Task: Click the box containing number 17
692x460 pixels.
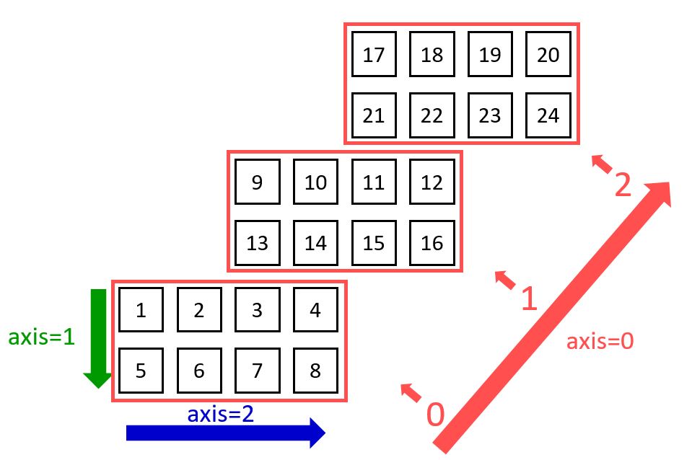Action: pyautogui.click(x=374, y=55)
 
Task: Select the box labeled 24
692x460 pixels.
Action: pyautogui.click(x=548, y=115)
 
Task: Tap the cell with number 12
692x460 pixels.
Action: pyautogui.click(x=432, y=182)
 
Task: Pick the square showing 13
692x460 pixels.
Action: pyautogui.click(x=257, y=243)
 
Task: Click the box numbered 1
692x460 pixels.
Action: pyautogui.click(x=141, y=311)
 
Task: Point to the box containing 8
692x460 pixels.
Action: pyautogui.click(x=315, y=371)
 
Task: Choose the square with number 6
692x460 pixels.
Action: pyautogui.click(x=199, y=371)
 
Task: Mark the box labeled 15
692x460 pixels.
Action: pyautogui.click(x=374, y=243)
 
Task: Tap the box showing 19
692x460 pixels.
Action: pyautogui.click(x=490, y=55)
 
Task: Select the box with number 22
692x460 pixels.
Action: pyautogui.click(x=432, y=115)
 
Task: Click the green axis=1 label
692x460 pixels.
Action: pyautogui.click(x=41, y=337)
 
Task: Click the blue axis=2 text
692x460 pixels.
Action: pyautogui.click(x=220, y=414)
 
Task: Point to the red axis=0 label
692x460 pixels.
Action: pyautogui.click(x=600, y=341)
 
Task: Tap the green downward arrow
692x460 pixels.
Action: pyautogui.click(x=97, y=339)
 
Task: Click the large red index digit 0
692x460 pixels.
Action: pyautogui.click(x=435, y=415)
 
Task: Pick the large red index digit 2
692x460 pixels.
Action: pyautogui.click(x=623, y=185)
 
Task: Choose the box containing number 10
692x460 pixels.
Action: pyautogui.click(x=315, y=182)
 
